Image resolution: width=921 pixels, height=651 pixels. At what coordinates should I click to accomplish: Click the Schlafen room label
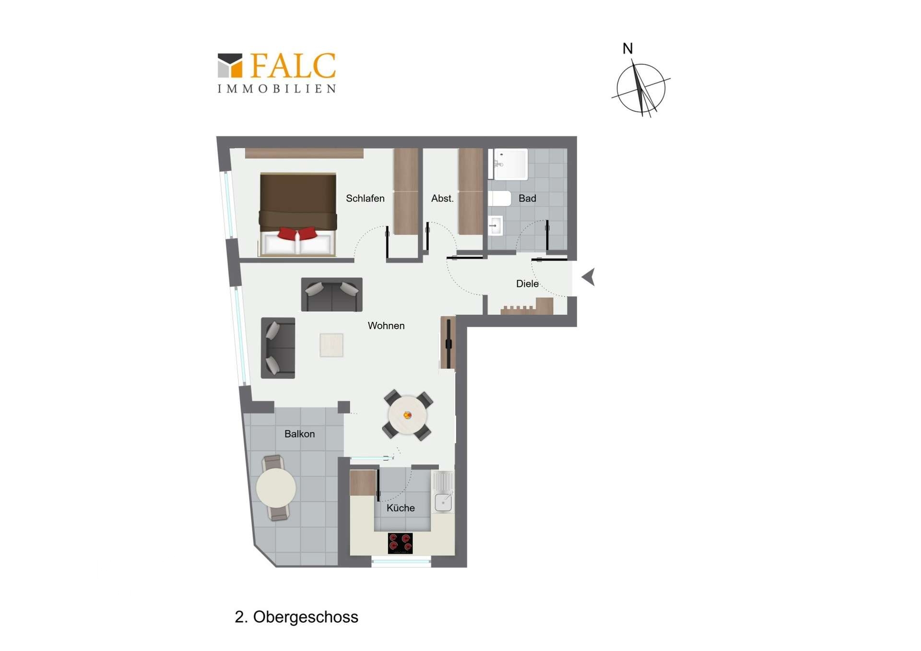[x=365, y=198]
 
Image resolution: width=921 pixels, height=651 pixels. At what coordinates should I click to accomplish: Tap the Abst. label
[x=442, y=198]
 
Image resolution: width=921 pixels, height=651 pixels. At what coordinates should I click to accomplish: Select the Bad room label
[x=527, y=198]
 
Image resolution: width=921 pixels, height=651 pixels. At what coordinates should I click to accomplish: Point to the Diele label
[x=527, y=284]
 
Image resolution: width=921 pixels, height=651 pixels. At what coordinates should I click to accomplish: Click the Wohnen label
[x=386, y=326]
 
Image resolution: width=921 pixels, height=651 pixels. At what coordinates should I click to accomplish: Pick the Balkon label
[x=300, y=434]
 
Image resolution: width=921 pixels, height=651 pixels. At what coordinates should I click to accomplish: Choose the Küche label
[x=401, y=508]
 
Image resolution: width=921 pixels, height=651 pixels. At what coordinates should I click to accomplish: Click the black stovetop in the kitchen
[x=400, y=543]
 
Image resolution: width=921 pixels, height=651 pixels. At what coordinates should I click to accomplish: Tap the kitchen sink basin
[x=443, y=502]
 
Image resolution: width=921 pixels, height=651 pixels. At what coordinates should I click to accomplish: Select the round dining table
[x=407, y=415]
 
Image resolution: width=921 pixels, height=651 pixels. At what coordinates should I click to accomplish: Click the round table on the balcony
[x=276, y=487]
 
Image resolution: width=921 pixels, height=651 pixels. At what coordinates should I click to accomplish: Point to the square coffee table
[x=331, y=345]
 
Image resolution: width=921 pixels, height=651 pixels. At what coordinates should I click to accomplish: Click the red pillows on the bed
[x=297, y=234]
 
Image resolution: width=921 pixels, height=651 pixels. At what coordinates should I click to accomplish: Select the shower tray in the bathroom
[x=508, y=164]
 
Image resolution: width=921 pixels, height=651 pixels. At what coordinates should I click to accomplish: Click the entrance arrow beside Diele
[x=589, y=277]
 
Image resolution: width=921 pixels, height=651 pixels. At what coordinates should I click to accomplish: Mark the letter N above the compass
[x=627, y=48]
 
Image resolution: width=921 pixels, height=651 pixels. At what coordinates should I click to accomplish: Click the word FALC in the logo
[x=293, y=66]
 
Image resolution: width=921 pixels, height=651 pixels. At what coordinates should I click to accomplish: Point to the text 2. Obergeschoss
[x=296, y=617]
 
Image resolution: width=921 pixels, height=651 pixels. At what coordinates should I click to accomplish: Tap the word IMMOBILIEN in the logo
[x=277, y=89]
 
